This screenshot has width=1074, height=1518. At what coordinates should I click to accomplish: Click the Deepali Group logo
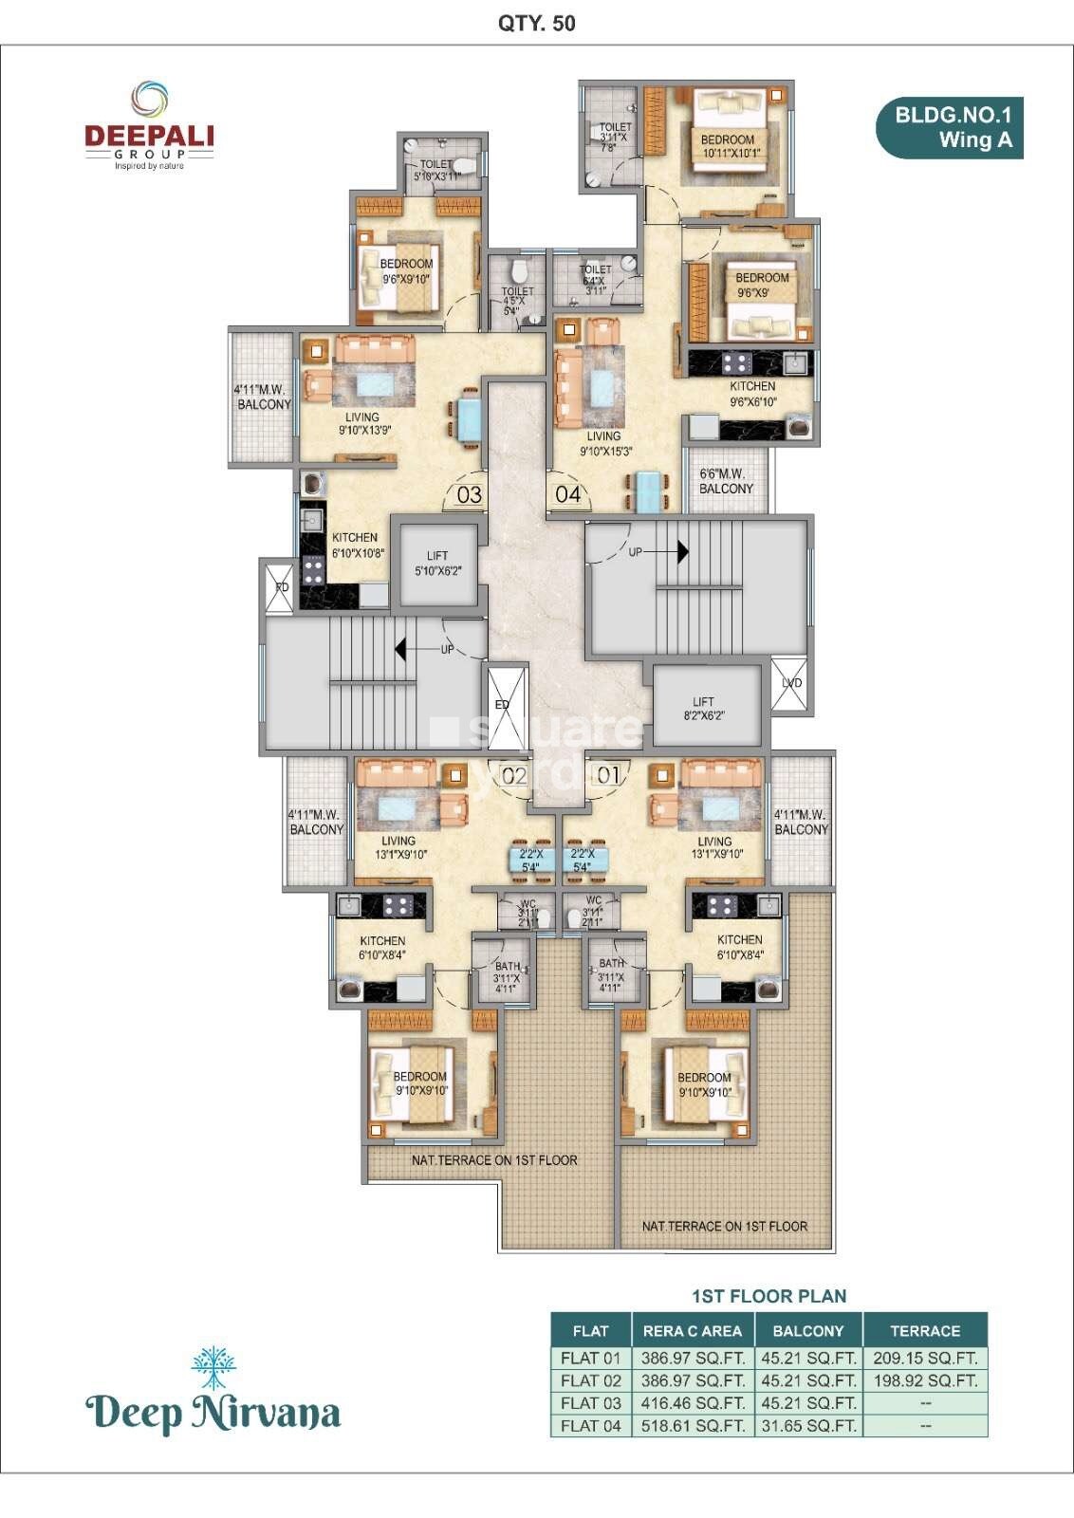tap(149, 127)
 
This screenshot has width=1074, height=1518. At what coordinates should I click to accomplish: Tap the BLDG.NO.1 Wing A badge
tap(950, 128)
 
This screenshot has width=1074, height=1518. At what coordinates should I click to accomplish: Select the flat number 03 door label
tap(470, 494)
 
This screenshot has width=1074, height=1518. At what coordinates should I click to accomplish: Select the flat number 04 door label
tap(567, 494)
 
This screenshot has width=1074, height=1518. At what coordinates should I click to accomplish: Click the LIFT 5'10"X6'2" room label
tap(437, 564)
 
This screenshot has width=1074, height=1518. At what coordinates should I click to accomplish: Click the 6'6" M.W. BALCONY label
tap(726, 481)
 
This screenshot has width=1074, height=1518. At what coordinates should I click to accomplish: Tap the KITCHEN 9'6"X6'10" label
tap(752, 394)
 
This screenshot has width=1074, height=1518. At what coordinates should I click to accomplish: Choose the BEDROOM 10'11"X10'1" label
tap(728, 146)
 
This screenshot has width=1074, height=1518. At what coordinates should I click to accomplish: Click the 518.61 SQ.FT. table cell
tap(693, 1426)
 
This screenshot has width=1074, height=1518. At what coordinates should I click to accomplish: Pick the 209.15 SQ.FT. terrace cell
tap(925, 1358)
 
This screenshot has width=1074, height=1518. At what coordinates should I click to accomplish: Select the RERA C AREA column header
tap(693, 1331)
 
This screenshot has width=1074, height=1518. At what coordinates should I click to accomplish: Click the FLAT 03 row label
tap(590, 1403)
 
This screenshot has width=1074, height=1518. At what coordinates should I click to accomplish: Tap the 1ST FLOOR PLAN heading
tap(768, 1296)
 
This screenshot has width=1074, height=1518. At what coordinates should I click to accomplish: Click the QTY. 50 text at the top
tap(537, 24)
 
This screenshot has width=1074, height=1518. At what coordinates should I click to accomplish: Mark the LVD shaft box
tap(791, 683)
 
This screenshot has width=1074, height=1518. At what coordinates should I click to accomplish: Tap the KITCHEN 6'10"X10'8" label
tap(357, 545)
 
